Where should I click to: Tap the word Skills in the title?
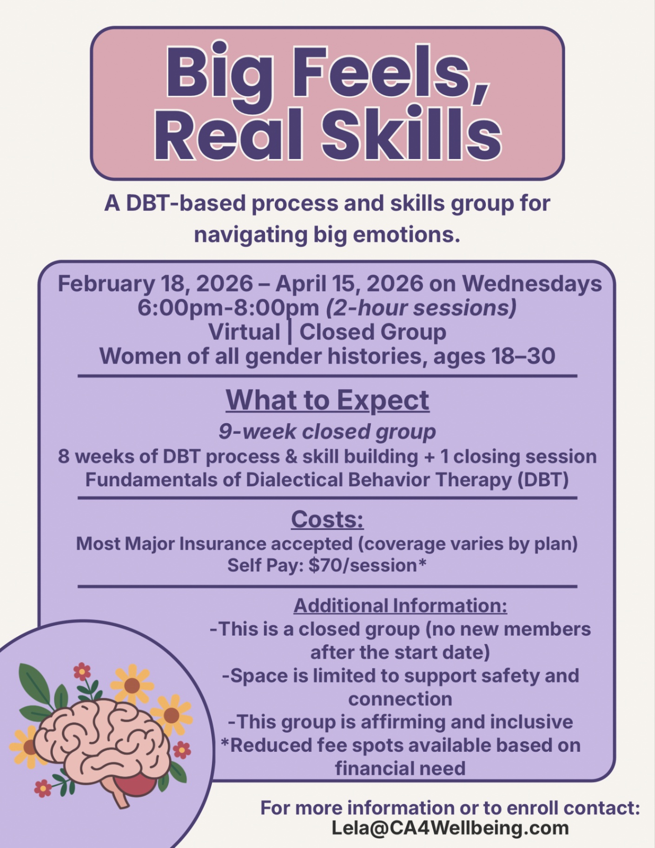tap(412, 135)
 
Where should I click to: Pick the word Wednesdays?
tap(532, 284)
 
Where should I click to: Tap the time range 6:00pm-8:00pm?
tap(228, 308)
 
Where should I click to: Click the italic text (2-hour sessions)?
tap(421, 308)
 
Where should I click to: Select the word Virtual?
tap(245, 332)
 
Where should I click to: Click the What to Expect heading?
tap(328, 400)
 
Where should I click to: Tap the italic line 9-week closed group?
tap(327, 432)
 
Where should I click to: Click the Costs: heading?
tap(327, 519)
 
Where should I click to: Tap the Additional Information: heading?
tap(400, 606)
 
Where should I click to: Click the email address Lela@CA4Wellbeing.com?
tap(450, 828)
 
